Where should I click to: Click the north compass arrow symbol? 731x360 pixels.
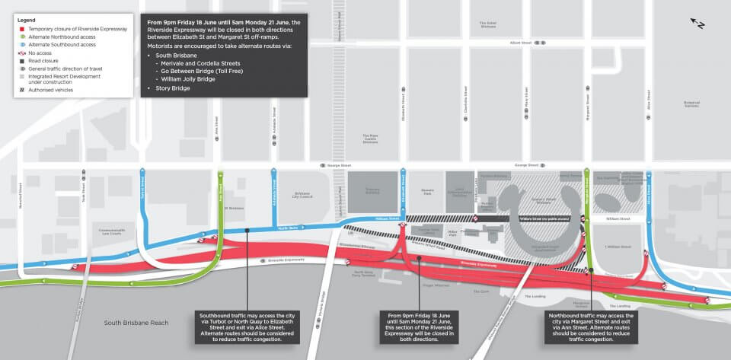pyautogui.click(x=697, y=23)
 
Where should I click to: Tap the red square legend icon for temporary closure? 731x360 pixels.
pyautogui.click(x=23, y=27)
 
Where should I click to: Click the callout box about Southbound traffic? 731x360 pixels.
pyautogui.click(x=247, y=326)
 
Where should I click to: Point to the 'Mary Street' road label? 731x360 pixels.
pyautogui.click(x=526, y=107)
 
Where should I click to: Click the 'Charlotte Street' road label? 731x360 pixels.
pyautogui.click(x=465, y=107)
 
